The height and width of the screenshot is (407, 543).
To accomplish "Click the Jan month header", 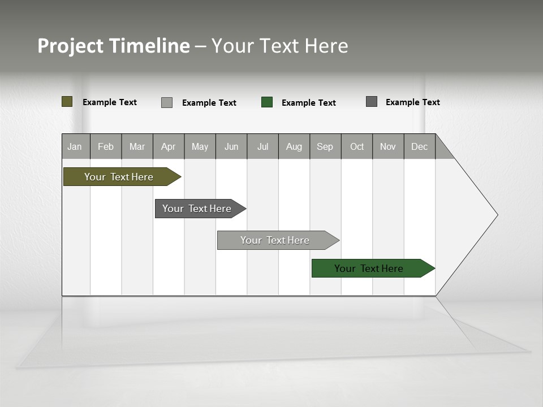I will [x=75, y=146].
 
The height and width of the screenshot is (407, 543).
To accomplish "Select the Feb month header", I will [x=106, y=146].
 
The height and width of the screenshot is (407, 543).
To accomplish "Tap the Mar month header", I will [x=137, y=146].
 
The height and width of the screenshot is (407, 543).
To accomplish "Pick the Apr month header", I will [x=169, y=146].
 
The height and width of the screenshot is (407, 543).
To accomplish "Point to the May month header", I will [x=200, y=146].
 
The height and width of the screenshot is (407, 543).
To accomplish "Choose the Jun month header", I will [x=231, y=146].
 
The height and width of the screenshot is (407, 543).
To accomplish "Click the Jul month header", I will [x=262, y=146].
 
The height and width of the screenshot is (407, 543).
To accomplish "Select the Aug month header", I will [x=294, y=146].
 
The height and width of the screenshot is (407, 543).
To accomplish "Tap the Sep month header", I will [x=325, y=146].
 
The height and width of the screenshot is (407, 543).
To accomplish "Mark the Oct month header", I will [x=357, y=146].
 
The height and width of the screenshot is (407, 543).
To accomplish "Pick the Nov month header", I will [x=388, y=146].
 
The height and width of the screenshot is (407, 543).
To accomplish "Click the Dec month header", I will [x=420, y=146].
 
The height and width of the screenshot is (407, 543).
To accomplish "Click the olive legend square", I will [x=67, y=102].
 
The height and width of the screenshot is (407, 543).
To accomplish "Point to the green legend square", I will [x=267, y=102].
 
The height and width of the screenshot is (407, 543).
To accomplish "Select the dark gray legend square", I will [x=372, y=102].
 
